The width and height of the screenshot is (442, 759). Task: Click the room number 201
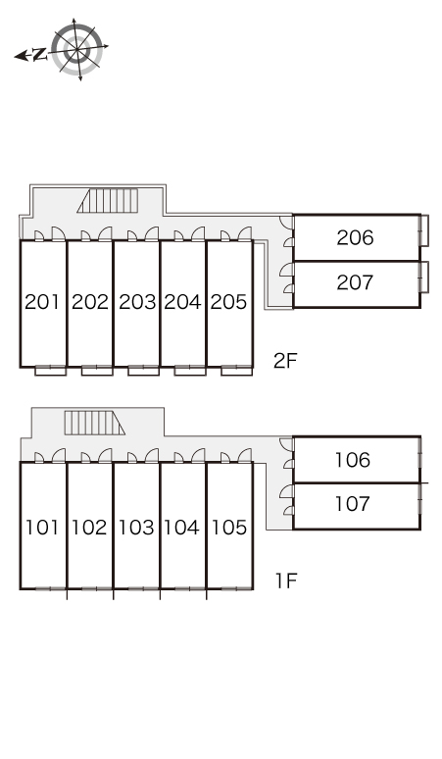[42, 302]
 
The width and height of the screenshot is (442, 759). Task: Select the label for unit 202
[90, 302]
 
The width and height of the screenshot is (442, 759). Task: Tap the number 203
[137, 302]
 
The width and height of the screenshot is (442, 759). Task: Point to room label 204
[183, 302]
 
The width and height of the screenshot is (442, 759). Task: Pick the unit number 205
[228, 302]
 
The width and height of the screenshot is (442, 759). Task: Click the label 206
[355, 237]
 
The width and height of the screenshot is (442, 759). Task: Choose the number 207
[355, 282]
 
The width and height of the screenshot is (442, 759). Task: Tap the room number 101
[42, 528]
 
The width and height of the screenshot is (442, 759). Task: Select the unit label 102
[89, 528]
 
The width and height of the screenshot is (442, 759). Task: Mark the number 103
[136, 528]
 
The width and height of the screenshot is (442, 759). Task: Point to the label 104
[181, 528]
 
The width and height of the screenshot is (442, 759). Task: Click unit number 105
[229, 528]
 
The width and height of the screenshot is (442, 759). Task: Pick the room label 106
[353, 460]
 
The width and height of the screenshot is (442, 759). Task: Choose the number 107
[353, 504]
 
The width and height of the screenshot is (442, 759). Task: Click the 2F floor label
[285, 361]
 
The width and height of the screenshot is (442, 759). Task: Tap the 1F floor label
[286, 581]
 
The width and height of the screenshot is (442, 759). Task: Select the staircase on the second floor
[108, 201]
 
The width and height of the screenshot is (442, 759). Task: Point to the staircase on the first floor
[95, 423]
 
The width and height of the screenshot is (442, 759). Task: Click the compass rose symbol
[76, 49]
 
